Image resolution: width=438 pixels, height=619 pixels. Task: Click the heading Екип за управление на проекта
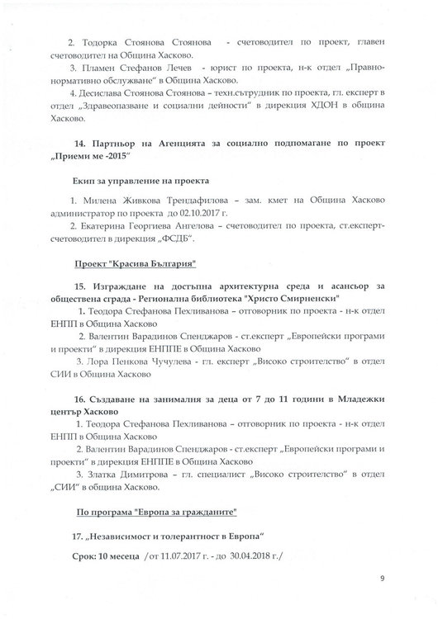coord(136,179)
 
